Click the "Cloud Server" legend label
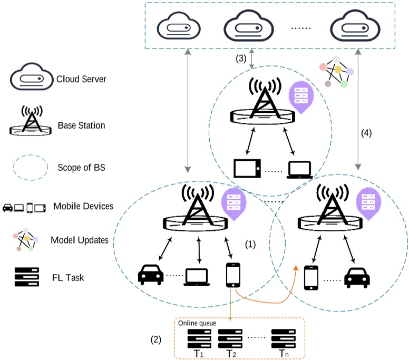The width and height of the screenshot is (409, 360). [x=82, y=80]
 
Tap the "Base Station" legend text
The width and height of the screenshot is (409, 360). [x=81, y=125]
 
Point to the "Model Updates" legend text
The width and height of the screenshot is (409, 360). [x=80, y=240]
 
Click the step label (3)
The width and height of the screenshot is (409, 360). [x=241, y=59]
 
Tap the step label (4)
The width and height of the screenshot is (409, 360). [x=367, y=133]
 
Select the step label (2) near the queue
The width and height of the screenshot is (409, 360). [x=155, y=340]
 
